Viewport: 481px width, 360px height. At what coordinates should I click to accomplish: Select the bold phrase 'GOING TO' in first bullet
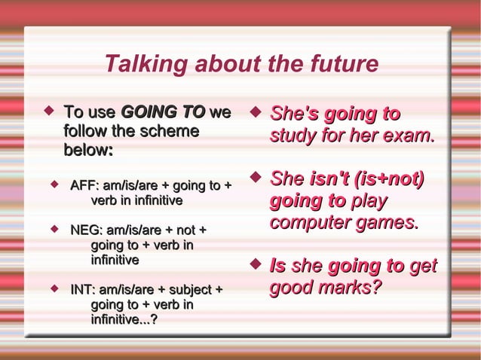[x=162, y=114]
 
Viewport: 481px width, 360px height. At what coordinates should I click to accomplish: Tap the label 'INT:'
[x=84, y=289]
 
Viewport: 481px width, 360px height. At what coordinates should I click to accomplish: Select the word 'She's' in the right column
[x=295, y=114]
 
